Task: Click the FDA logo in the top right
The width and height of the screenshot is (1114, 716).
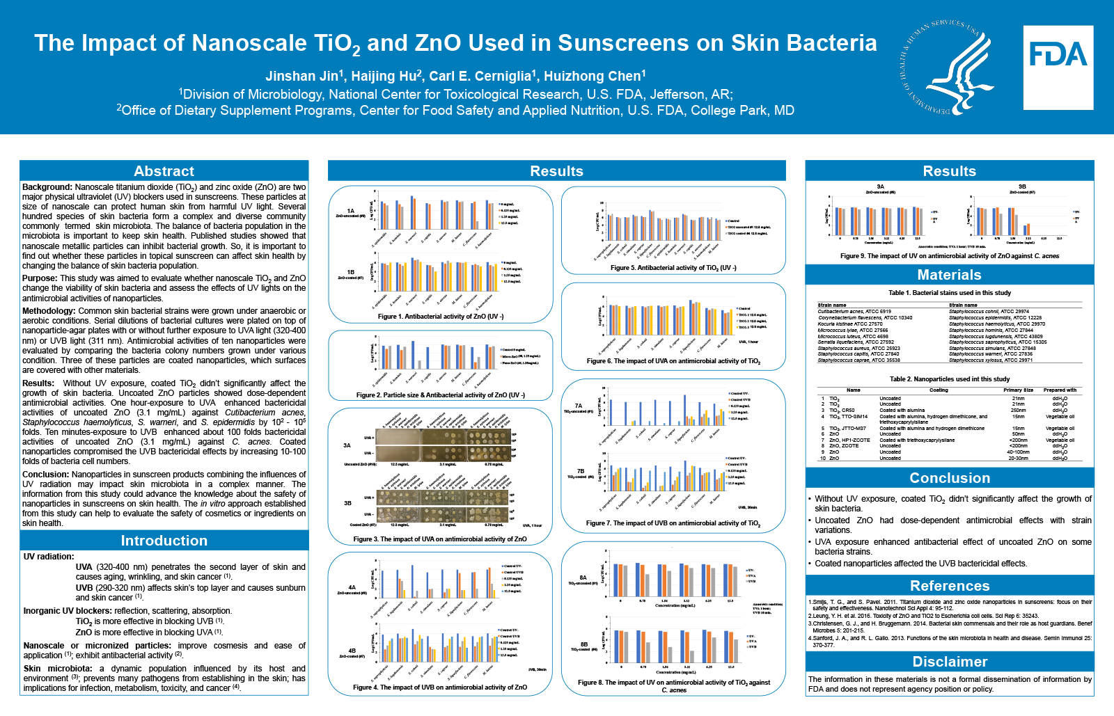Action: coord(1058,67)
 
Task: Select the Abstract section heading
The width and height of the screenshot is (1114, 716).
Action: coord(164,171)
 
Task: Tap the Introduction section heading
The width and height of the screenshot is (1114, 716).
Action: coord(164,541)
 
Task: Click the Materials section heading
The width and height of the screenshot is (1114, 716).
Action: coord(949,275)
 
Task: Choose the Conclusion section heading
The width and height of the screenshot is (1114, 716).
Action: coord(949,478)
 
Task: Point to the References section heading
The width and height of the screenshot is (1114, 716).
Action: coord(949,586)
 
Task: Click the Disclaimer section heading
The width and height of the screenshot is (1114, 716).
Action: coord(949,662)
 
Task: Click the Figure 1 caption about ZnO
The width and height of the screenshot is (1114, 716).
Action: coord(440,317)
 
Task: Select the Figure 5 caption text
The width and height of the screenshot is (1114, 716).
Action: coord(673,268)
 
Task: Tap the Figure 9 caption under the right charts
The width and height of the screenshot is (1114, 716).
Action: coord(949,256)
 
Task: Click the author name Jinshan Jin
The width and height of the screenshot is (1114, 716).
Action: coord(304,77)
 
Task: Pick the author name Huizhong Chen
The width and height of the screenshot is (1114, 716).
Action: coord(594,77)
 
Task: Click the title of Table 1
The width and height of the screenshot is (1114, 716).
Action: coord(949,293)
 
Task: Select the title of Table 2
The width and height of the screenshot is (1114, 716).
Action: coord(949,379)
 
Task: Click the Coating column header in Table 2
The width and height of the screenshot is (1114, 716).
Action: coord(938,390)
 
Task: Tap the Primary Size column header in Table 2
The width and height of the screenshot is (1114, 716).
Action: coord(1018,390)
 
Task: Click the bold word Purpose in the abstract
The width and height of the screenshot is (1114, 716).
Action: coord(40,278)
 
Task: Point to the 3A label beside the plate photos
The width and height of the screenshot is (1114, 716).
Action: coord(347,445)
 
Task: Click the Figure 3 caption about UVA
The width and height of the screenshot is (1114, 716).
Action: coord(439,539)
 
